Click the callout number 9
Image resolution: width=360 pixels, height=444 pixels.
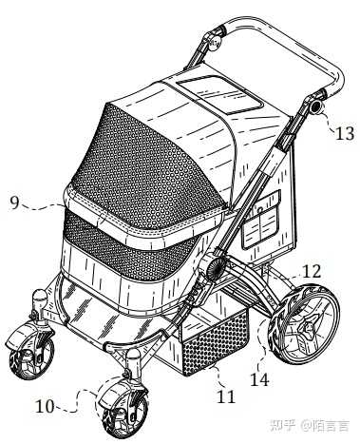click(x=14, y=203)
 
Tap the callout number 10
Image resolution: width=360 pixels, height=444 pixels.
click(x=45, y=407)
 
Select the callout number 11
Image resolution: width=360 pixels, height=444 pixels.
click(x=226, y=396)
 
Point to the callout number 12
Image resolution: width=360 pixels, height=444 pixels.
click(x=312, y=271)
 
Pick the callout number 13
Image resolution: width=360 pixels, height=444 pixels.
click(x=345, y=133)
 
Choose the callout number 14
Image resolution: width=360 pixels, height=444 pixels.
click(x=259, y=379)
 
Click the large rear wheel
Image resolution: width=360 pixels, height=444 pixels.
click(x=304, y=324)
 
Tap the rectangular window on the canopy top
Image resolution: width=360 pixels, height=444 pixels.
click(x=220, y=94)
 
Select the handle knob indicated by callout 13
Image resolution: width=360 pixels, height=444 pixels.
click(x=316, y=107)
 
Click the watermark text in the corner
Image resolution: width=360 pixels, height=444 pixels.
click(x=310, y=425)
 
